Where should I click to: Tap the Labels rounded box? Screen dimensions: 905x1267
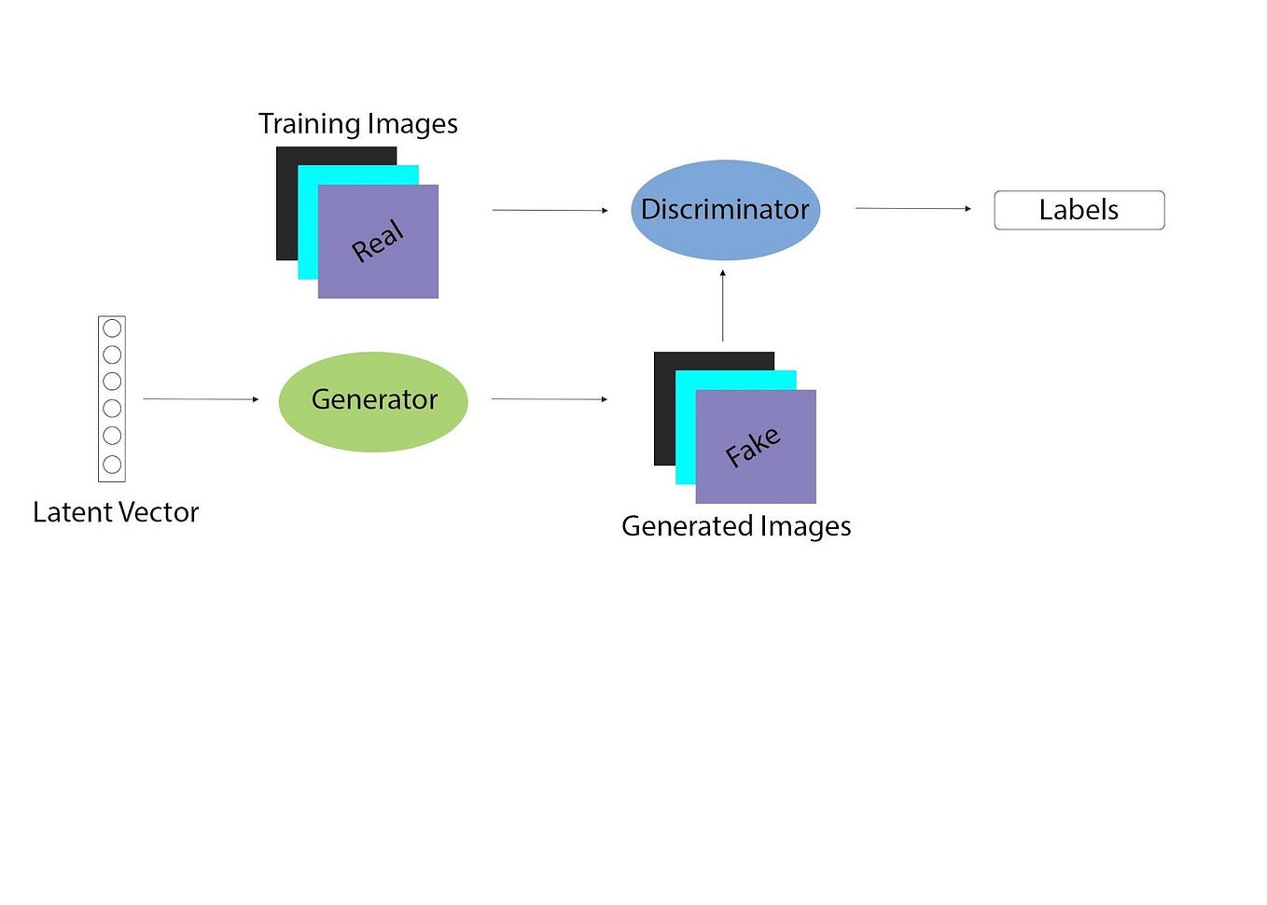pos(1079,210)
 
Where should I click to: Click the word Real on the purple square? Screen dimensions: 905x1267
pos(378,242)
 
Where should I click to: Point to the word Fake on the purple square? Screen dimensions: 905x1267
pos(753,447)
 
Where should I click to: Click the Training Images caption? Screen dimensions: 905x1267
pos(357,124)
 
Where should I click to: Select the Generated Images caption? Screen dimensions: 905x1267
pos(736,526)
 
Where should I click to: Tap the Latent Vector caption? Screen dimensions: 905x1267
pos(116,512)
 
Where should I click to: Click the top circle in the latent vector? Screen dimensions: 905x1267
pos(112,328)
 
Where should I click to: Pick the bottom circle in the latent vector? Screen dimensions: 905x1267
pos(112,464)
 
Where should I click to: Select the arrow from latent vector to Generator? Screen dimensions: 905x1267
pos(201,399)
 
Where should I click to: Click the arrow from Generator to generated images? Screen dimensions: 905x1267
pos(550,399)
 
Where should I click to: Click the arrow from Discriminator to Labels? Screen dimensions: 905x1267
pos(913,209)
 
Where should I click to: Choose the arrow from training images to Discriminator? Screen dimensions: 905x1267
pos(550,211)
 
